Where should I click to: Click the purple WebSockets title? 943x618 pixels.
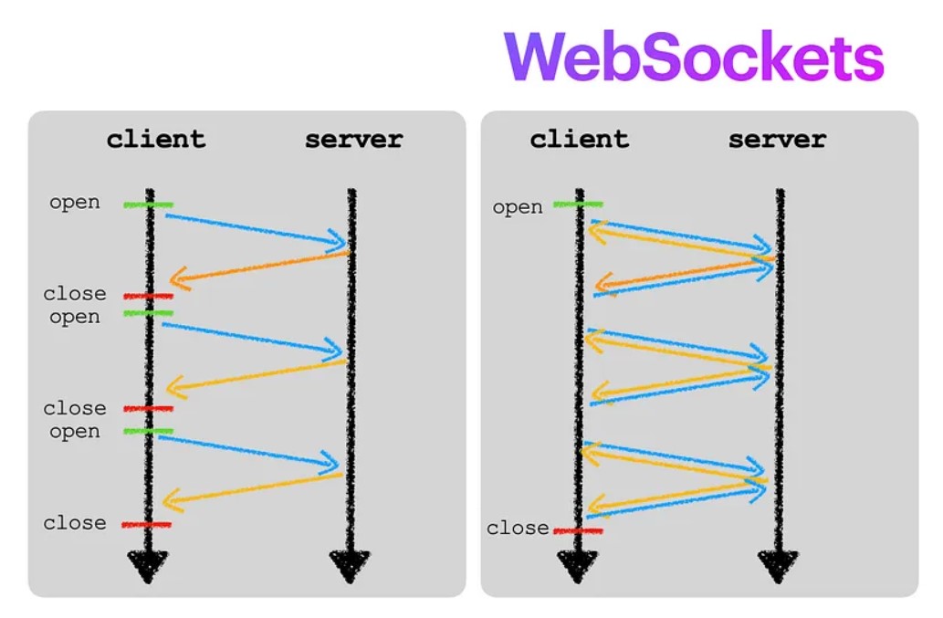[x=694, y=58]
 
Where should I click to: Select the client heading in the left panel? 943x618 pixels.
[x=156, y=140]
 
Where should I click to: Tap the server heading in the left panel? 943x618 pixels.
[x=353, y=140]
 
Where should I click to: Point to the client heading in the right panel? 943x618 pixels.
[x=579, y=140]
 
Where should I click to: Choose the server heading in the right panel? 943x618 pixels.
[x=777, y=140]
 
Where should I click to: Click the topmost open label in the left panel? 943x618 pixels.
[x=75, y=203]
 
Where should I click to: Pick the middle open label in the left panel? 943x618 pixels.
[x=75, y=317]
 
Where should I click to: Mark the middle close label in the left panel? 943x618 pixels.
[x=75, y=408]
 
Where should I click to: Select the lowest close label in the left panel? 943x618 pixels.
[x=75, y=523]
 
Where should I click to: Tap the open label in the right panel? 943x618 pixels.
[x=518, y=208]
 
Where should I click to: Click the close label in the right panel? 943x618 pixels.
[x=518, y=529]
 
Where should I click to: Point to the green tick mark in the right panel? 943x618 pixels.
[x=578, y=204]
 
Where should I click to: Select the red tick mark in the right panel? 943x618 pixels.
[x=578, y=530]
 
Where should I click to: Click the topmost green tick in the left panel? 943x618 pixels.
[x=148, y=204]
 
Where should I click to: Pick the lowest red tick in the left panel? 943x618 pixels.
[x=146, y=525]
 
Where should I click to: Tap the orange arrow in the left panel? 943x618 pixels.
[x=260, y=266]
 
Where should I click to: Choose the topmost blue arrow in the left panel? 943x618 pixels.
[x=256, y=229]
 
